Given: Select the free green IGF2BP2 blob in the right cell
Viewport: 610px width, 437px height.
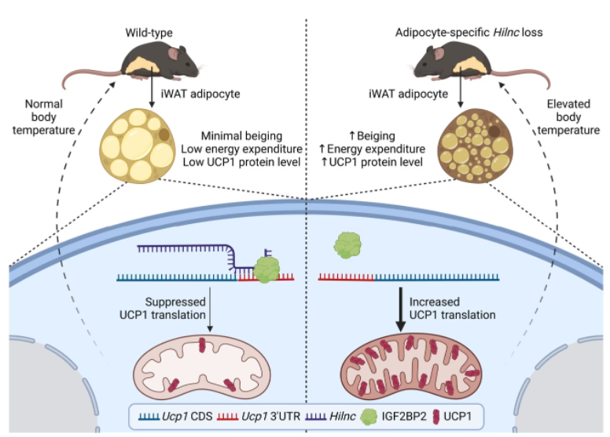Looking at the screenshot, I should (348, 244).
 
